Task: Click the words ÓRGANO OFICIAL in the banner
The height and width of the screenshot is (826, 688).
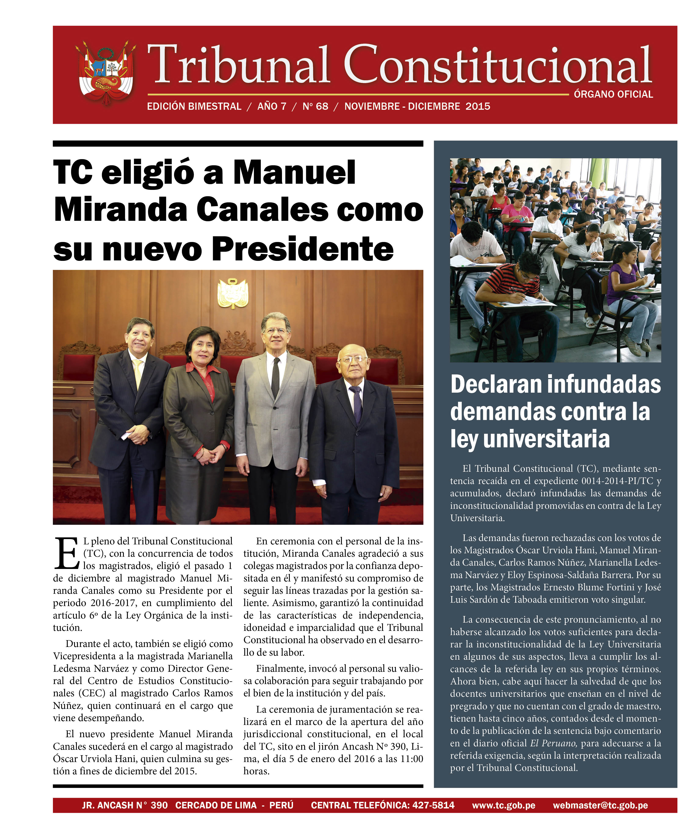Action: point(613,94)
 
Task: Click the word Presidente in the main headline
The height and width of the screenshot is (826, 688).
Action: point(304,249)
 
